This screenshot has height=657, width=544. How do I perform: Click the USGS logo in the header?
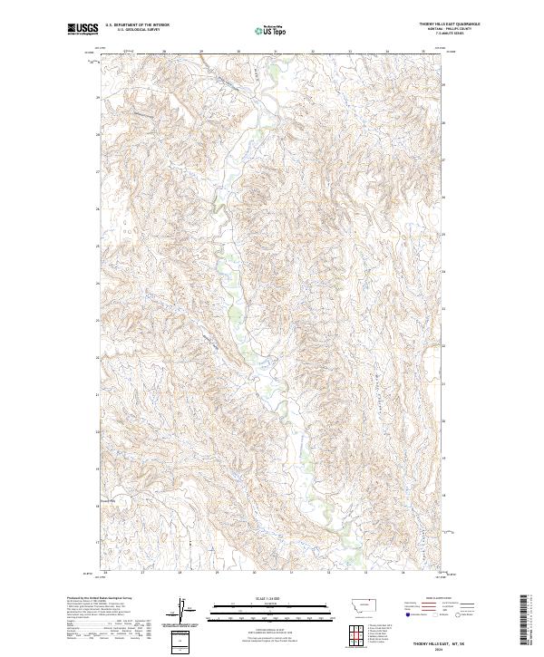[83, 29]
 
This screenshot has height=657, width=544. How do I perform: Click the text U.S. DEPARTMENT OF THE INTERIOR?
[137, 25]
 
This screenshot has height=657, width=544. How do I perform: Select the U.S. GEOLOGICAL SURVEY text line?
[137, 30]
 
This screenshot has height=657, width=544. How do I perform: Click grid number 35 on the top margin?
[423, 52]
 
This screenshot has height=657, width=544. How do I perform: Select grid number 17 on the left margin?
[98, 542]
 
